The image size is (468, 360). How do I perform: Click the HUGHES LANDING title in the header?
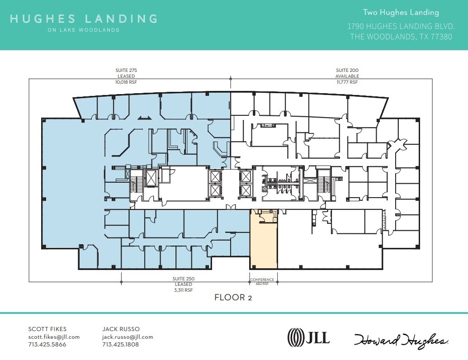click(x=84, y=19)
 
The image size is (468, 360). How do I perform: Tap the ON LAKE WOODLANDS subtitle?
click(x=84, y=30)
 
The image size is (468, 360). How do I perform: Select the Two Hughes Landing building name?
click(x=401, y=13)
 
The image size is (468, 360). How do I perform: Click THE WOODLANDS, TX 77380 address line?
click(x=401, y=37)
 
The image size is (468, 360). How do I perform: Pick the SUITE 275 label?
click(x=126, y=71)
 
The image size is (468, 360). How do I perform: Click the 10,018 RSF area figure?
click(x=126, y=82)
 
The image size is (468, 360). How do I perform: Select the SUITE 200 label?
click(x=347, y=71)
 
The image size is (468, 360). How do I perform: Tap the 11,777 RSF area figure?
click(x=347, y=82)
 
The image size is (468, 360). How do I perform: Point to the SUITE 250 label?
click(x=183, y=279)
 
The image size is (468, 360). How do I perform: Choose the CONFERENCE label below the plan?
click(x=262, y=279)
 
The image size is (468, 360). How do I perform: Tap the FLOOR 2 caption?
click(x=233, y=298)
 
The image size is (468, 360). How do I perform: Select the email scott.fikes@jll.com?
click(x=54, y=337)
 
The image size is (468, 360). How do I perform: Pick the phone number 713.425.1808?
click(x=120, y=345)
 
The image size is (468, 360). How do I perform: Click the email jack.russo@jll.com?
click(x=128, y=337)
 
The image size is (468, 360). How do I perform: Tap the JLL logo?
click(x=309, y=337)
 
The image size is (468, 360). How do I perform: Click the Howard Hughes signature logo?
click(x=401, y=340)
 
